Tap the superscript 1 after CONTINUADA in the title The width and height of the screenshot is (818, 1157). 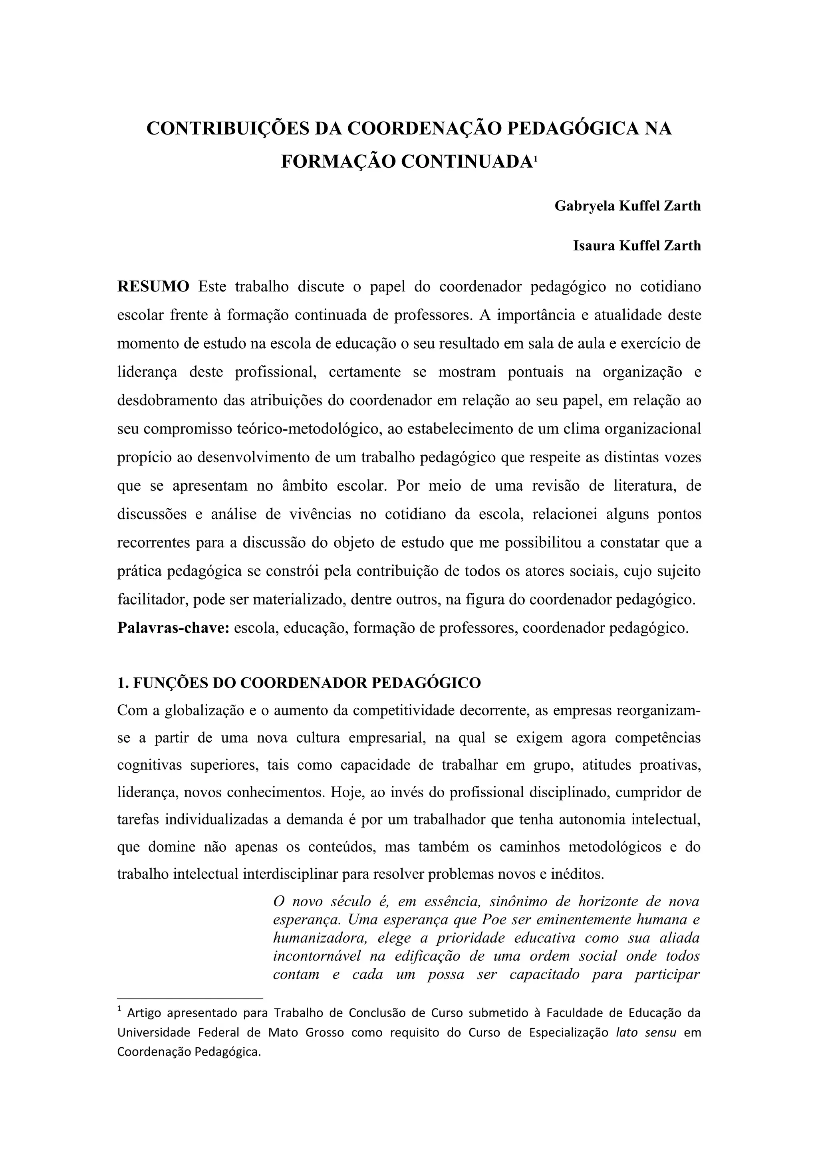tap(535, 160)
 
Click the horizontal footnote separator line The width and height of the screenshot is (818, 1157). tap(190, 997)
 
